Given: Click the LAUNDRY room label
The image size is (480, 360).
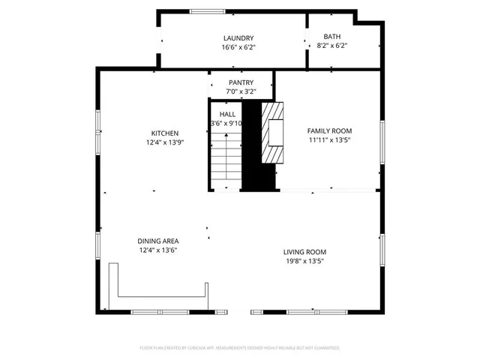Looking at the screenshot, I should [238, 38].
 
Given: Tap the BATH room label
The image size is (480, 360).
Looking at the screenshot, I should [331, 37].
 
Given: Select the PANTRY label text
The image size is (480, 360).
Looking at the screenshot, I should [241, 82].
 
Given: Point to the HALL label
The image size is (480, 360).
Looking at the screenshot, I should [226, 113].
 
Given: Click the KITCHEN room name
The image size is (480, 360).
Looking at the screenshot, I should [164, 133].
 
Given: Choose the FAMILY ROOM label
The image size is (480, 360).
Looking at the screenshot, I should [329, 130].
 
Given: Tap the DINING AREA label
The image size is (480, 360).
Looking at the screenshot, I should [157, 241].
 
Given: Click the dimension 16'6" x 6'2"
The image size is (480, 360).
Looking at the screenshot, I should [238, 47].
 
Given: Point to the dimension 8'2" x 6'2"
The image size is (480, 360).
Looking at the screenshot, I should [331, 46].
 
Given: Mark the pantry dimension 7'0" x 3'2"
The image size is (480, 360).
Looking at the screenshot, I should [241, 91].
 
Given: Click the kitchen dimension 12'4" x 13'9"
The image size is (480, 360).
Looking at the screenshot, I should [164, 142].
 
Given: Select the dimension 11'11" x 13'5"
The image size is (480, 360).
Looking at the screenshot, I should [329, 139].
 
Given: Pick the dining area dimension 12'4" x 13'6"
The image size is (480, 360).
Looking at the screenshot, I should [157, 250].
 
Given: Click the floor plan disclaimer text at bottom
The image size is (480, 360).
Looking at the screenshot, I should [240, 348].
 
